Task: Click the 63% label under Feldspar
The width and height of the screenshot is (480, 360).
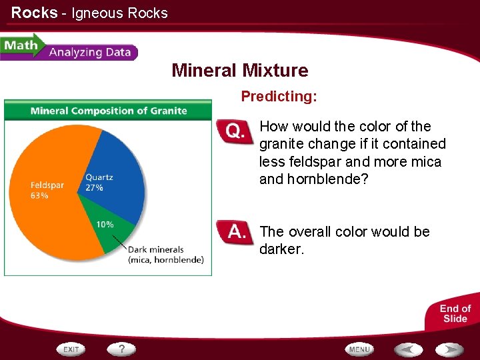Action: [39, 196]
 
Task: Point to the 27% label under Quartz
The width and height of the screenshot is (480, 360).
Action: [94, 188]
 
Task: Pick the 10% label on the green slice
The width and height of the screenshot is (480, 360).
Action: [105, 225]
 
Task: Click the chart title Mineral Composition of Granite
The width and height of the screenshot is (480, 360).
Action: [109, 111]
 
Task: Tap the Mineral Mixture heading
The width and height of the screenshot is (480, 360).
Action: [240, 71]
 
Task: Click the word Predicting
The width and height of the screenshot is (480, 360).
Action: [279, 97]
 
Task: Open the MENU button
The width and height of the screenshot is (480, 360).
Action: [359, 349]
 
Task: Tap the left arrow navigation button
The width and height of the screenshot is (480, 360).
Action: [407, 349]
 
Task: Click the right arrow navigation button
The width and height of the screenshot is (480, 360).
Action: [450, 349]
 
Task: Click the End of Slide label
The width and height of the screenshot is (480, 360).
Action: [455, 313]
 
